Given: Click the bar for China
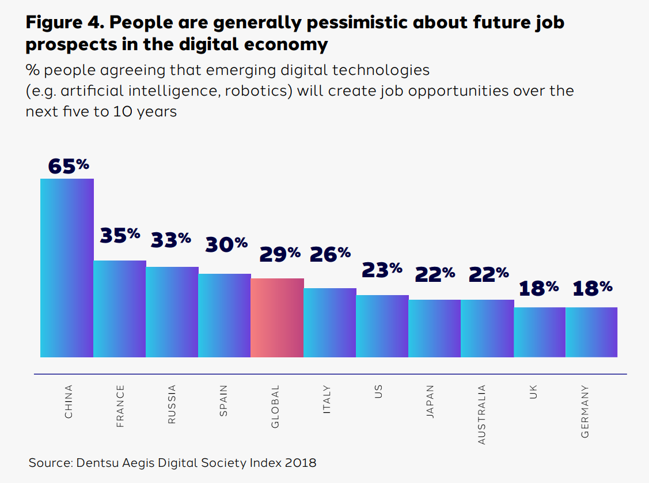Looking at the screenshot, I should click(67, 268).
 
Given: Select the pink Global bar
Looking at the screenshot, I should click(277, 318).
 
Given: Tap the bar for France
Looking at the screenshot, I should click(120, 309).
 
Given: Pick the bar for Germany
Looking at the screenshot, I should click(591, 332).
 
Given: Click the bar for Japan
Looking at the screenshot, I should click(435, 329).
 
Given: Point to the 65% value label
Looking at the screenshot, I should click(69, 165).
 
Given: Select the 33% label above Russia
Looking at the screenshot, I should click(171, 239).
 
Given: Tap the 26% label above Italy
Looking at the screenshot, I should click(330, 254).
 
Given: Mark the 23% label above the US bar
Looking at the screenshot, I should click(382, 269).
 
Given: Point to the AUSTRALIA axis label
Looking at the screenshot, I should click(482, 415).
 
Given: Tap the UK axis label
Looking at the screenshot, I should click(534, 394).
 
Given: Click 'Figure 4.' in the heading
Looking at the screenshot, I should click(64, 23).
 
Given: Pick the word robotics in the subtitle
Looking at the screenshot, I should click(262, 91).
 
